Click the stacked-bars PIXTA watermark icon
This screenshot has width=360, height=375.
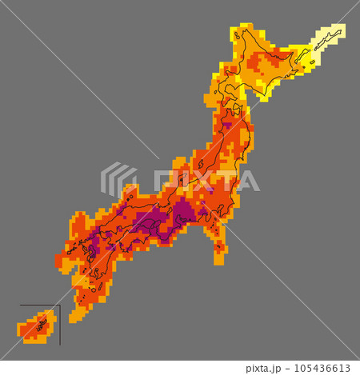coord(118,181)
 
